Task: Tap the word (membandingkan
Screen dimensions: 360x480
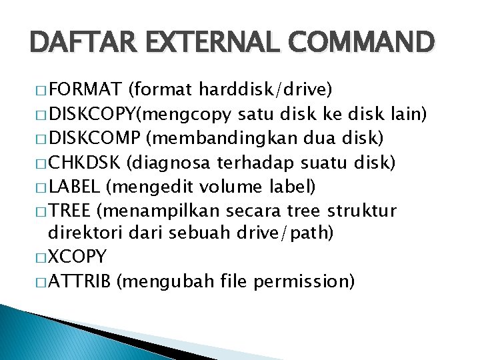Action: [x=215, y=139]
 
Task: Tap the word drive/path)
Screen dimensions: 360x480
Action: [x=294, y=233]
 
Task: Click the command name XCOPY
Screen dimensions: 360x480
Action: [x=77, y=257]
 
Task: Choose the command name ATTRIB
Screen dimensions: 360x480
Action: [x=80, y=281]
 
